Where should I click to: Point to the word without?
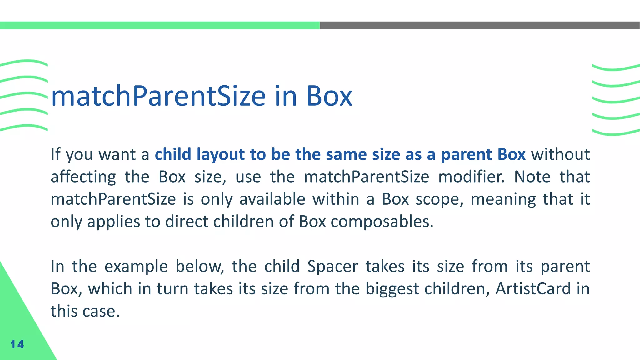coord(561,154)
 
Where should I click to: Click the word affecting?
coord(83,177)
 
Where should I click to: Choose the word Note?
coord(532,177)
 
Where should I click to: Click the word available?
coord(272,199)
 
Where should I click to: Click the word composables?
coord(382,222)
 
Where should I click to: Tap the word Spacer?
coord(332,267)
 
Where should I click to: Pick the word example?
coord(136,267)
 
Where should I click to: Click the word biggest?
coord(392,289)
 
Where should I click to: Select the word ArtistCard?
coord(533,289)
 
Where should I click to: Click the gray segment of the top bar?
coord(480,25)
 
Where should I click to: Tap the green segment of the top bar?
coord(160,25)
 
